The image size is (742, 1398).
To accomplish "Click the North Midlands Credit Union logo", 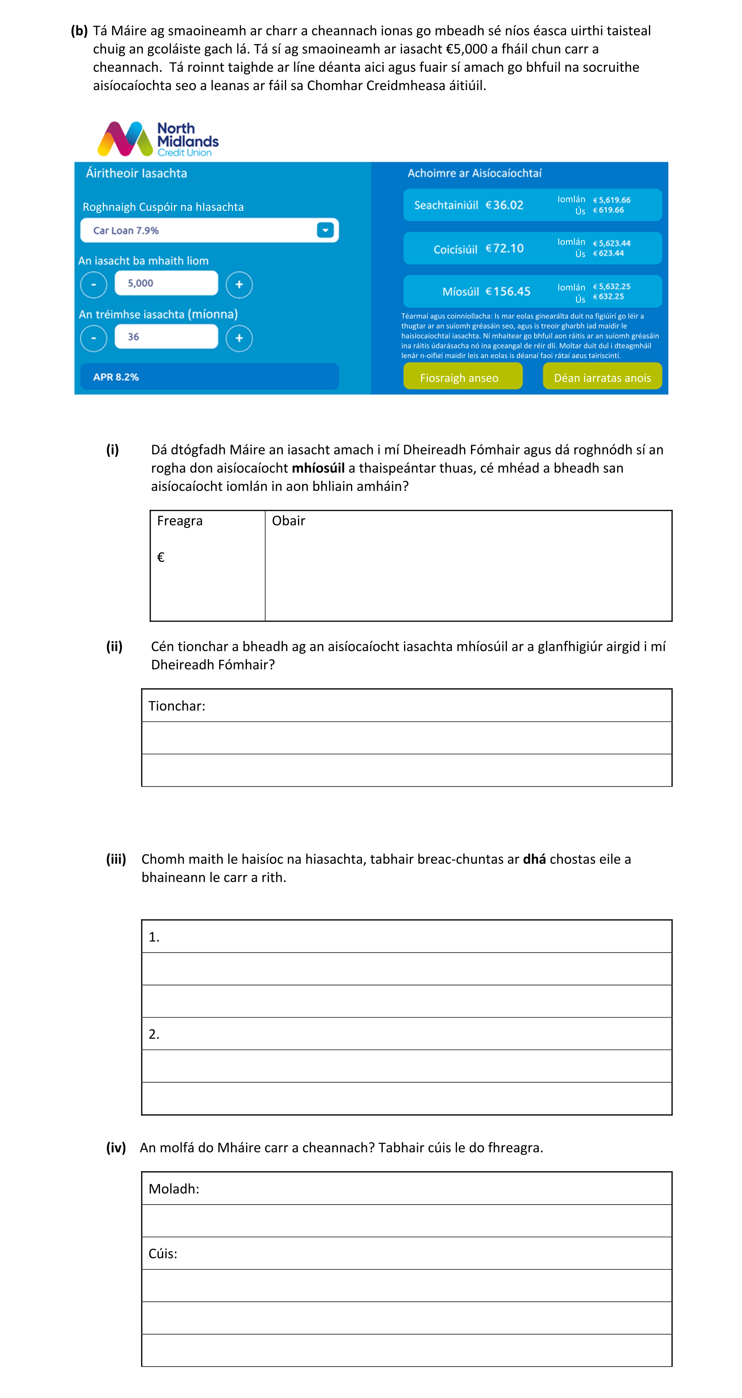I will [158, 139].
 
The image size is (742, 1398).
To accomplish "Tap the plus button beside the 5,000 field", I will [239, 284].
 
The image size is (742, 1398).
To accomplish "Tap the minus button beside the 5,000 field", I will [93, 284].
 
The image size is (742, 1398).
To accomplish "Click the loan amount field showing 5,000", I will [166, 283].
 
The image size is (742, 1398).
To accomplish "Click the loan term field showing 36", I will [166, 337].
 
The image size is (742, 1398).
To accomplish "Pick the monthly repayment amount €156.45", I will [508, 291].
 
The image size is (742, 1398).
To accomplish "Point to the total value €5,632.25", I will [612, 286].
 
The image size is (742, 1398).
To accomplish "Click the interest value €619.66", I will [609, 210].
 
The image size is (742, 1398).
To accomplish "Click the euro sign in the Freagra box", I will [161, 557].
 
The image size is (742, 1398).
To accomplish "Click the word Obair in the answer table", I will [288, 521].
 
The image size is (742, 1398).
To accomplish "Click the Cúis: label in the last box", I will [163, 1254].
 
